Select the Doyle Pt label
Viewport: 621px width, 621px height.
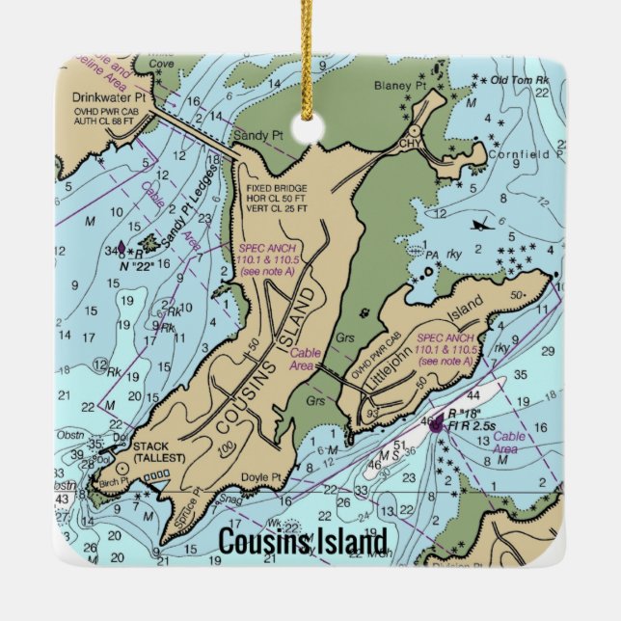pyautogui.click(x=261, y=477)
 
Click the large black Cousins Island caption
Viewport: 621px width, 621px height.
pyautogui.click(x=303, y=542)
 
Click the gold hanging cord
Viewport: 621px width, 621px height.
pyautogui.click(x=310, y=58)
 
